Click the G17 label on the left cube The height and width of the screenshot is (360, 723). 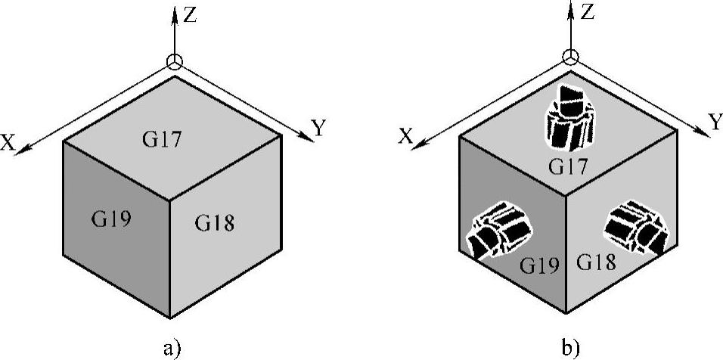pos(162,138)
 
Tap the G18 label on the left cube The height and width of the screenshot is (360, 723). pos(215,222)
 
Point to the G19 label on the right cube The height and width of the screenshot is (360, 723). pos(538,265)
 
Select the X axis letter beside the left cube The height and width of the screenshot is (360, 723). pos(9,143)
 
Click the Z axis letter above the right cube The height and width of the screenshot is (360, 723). pos(588,12)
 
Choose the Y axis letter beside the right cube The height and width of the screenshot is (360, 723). pos(715,120)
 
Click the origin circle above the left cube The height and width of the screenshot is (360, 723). pos(175,63)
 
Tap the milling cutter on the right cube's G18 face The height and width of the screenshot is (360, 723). pos(636,226)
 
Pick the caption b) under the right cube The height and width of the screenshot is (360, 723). pos(570,349)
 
